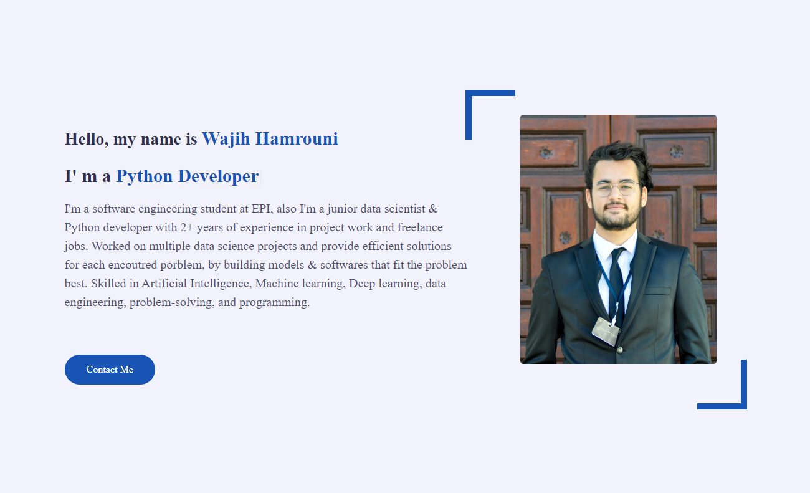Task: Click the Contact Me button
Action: pos(110,370)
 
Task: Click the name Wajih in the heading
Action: pos(226,138)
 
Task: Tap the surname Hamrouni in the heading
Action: pos(297,138)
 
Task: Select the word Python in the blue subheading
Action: pos(144,176)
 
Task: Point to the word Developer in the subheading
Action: pos(218,176)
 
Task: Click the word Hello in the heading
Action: pos(85,139)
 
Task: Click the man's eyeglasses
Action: pos(615,188)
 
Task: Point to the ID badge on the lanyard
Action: pos(606,330)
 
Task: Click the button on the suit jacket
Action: pos(619,350)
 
